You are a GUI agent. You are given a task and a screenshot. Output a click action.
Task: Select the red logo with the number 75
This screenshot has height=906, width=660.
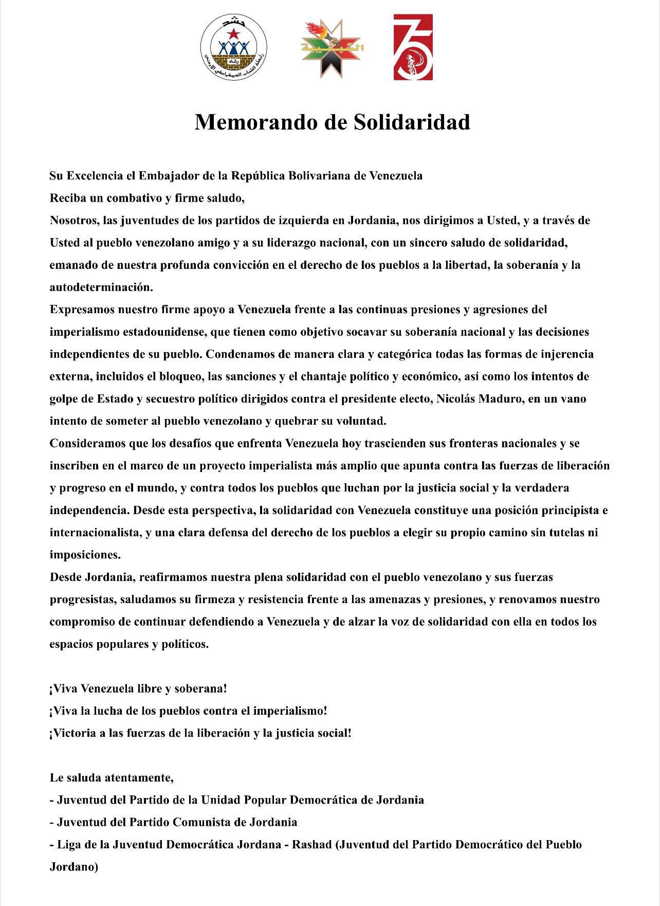(413, 47)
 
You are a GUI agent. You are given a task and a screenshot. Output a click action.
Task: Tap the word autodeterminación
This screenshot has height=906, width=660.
(101, 287)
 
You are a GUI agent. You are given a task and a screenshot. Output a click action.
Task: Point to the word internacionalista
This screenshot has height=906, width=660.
(95, 533)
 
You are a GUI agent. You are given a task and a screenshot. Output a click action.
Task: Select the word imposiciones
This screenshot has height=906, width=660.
(85, 555)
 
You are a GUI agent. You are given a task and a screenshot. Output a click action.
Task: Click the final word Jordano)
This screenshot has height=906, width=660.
(74, 867)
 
